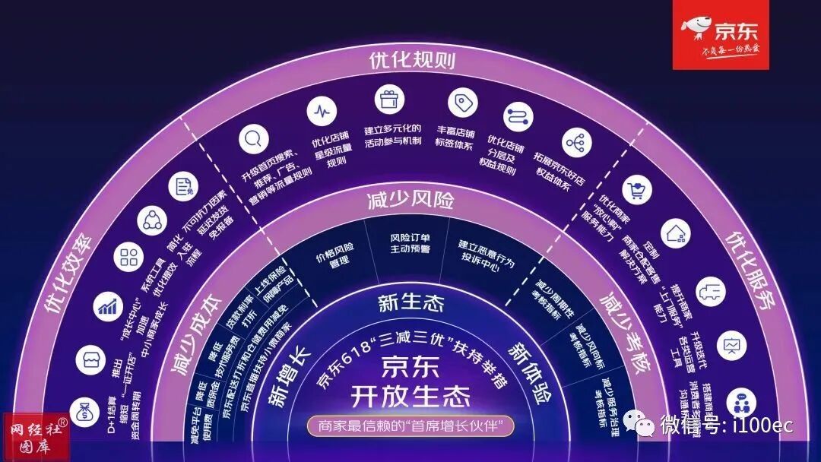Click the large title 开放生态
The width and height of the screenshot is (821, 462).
click(410, 396)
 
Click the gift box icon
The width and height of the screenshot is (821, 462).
click(389, 99)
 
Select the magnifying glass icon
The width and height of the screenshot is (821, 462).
click(250, 140)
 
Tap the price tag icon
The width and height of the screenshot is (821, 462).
click(462, 102)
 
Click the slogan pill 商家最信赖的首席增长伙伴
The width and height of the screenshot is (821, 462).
click(411, 426)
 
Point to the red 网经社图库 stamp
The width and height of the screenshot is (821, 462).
click(34, 437)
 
